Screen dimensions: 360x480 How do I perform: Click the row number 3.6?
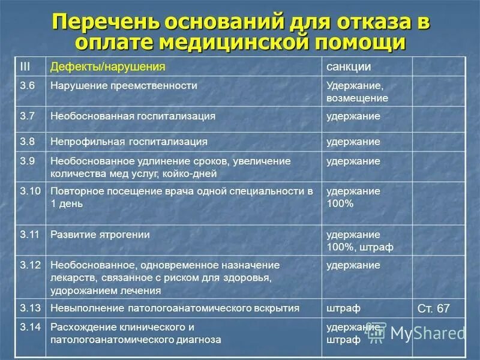[28, 86]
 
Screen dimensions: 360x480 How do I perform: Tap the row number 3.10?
[30, 191]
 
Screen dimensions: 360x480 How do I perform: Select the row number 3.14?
[30, 327]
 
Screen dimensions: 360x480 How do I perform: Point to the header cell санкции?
[349, 66]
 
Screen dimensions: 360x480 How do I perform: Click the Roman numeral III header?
[25, 66]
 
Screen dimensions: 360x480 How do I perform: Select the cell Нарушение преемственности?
[124, 86]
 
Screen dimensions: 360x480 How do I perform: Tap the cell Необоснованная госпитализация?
[133, 116]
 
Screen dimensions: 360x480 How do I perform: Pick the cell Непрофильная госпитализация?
[129, 142]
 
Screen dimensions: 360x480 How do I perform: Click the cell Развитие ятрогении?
[100, 235]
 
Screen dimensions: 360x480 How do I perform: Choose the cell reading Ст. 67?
[433, 308]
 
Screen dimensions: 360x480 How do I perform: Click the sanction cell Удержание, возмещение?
[357, 92]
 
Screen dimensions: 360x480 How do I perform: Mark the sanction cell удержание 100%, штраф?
[359, 241]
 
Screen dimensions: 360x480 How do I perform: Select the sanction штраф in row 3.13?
[343, 308]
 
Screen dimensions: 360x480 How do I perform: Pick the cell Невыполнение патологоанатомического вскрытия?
[175, 308]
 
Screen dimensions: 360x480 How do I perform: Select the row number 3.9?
[28, 161]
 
